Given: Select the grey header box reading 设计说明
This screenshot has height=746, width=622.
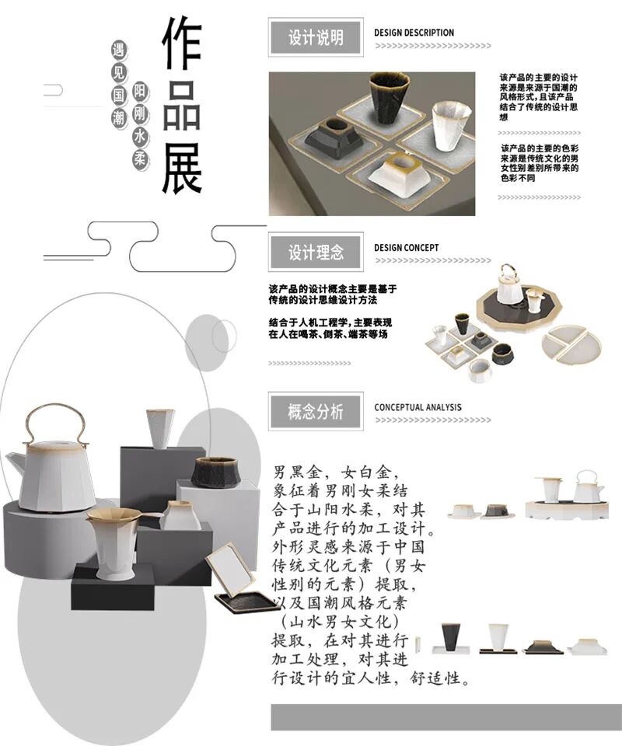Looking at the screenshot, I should coord(315,37).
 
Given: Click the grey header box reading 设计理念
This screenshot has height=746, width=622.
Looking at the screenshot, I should coord(315,253).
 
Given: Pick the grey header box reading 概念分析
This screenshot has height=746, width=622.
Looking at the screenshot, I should coord(315,412).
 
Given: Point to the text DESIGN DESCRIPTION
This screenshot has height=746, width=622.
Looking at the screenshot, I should coord(414,33).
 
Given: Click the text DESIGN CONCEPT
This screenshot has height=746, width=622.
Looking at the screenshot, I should coord(406,248).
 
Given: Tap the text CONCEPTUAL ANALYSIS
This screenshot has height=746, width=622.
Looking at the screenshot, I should coord(418,407).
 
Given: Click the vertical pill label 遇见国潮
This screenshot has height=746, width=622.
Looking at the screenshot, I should coord(119,85).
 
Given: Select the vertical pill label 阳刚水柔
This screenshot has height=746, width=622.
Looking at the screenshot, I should coord(140,126).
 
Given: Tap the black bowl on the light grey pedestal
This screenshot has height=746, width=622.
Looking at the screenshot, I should coord(215,472).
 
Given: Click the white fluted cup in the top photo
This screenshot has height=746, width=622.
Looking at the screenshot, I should coord(451,124).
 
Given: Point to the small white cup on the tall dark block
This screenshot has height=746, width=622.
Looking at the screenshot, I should coord(160,428).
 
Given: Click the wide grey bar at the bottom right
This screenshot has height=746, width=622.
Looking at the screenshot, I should coord(446,716).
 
